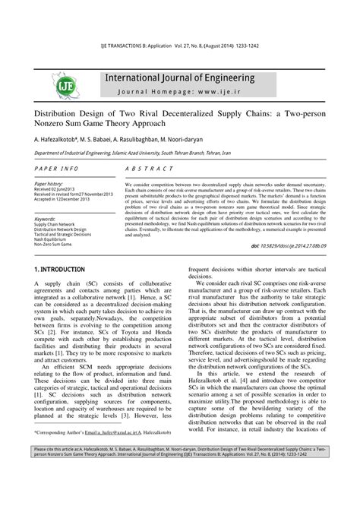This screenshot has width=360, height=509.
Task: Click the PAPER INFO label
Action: pyautogui.click(x=57, y=168)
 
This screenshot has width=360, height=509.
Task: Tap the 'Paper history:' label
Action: pyautogui.click(x=49, y=184)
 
